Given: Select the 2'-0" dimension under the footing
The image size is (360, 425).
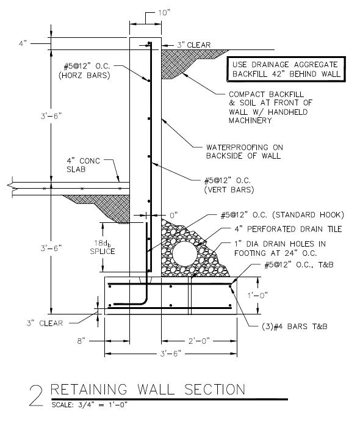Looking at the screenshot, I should [x=200, y=341].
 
